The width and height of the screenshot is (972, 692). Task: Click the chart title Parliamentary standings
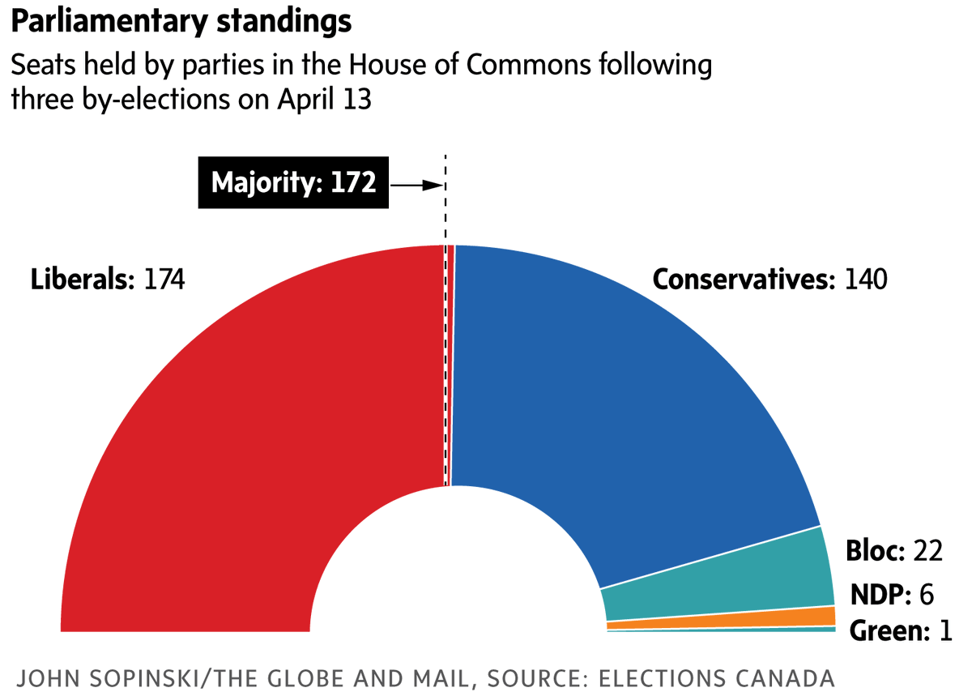[x=181, y=22]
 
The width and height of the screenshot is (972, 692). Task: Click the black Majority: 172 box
[x=293, y=183]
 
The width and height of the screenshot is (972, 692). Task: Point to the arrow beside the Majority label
[x=417, y=185]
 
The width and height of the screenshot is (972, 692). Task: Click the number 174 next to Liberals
[x=164, y=280]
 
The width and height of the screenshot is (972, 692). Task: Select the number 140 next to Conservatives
[x=866, y=280]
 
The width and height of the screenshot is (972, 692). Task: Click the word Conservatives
[x=744, y=280]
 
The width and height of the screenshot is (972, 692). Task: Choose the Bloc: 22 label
[x=893, y=551]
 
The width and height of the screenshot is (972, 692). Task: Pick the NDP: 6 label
[x=891, y=595]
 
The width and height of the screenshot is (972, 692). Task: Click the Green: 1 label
[x=900, y=630]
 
